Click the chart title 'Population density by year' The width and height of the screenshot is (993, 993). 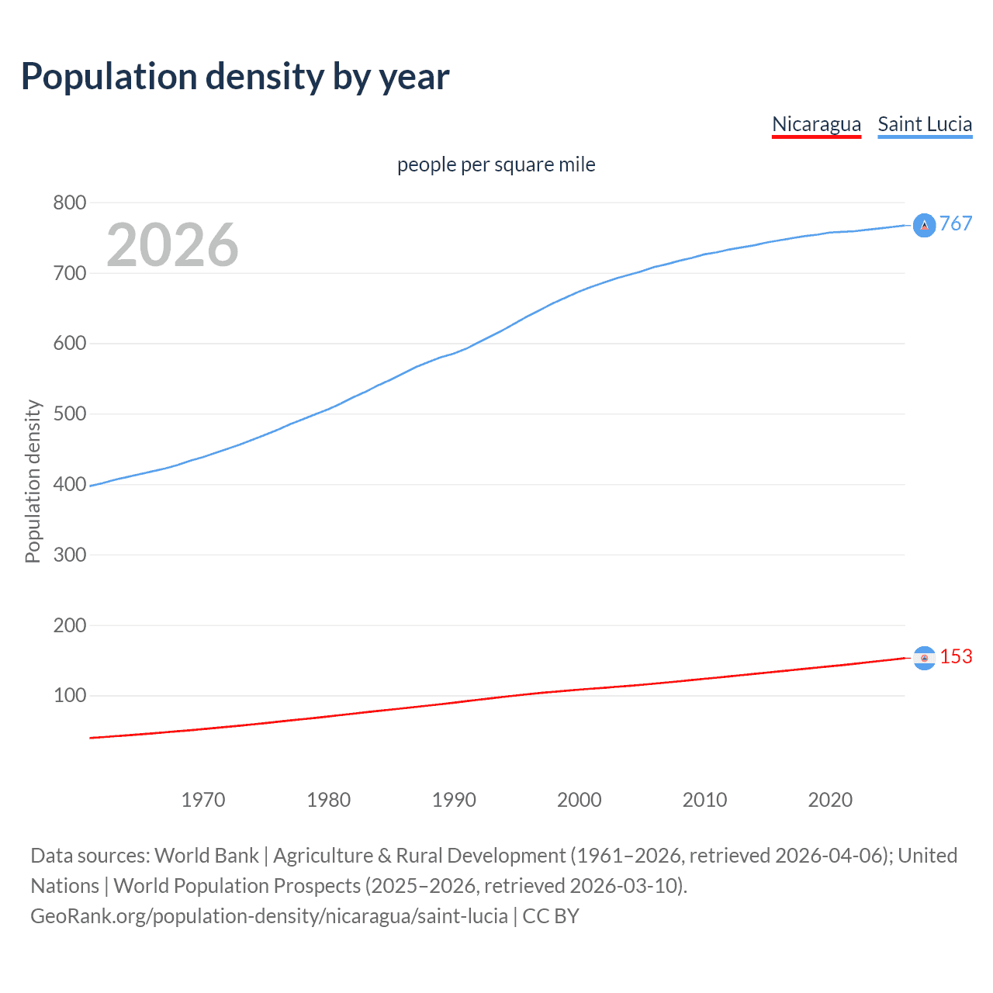235,76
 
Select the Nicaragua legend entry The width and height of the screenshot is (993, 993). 816,124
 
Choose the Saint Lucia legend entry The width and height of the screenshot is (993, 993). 925,124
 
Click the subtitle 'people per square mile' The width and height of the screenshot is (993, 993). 496,164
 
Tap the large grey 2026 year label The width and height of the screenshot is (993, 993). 172,245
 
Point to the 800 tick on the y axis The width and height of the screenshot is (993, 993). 69,202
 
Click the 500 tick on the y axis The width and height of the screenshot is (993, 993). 69,413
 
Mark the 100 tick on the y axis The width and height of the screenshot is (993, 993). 69,695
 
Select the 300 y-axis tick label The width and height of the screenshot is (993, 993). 69,555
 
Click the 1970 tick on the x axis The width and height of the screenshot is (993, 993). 203,800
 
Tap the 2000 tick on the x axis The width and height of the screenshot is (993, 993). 580,800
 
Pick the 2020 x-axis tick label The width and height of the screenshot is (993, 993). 830,800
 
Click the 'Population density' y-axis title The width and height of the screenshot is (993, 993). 33,481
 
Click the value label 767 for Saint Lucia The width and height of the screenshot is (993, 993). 956,224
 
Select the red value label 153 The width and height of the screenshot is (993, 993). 956,656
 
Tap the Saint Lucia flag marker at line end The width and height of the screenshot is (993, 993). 924,225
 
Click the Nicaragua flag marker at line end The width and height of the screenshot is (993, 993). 924,658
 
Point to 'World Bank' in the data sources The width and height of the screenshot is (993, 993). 206,855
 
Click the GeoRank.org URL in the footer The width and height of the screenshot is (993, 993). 269,915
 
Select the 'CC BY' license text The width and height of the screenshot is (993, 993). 551,915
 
